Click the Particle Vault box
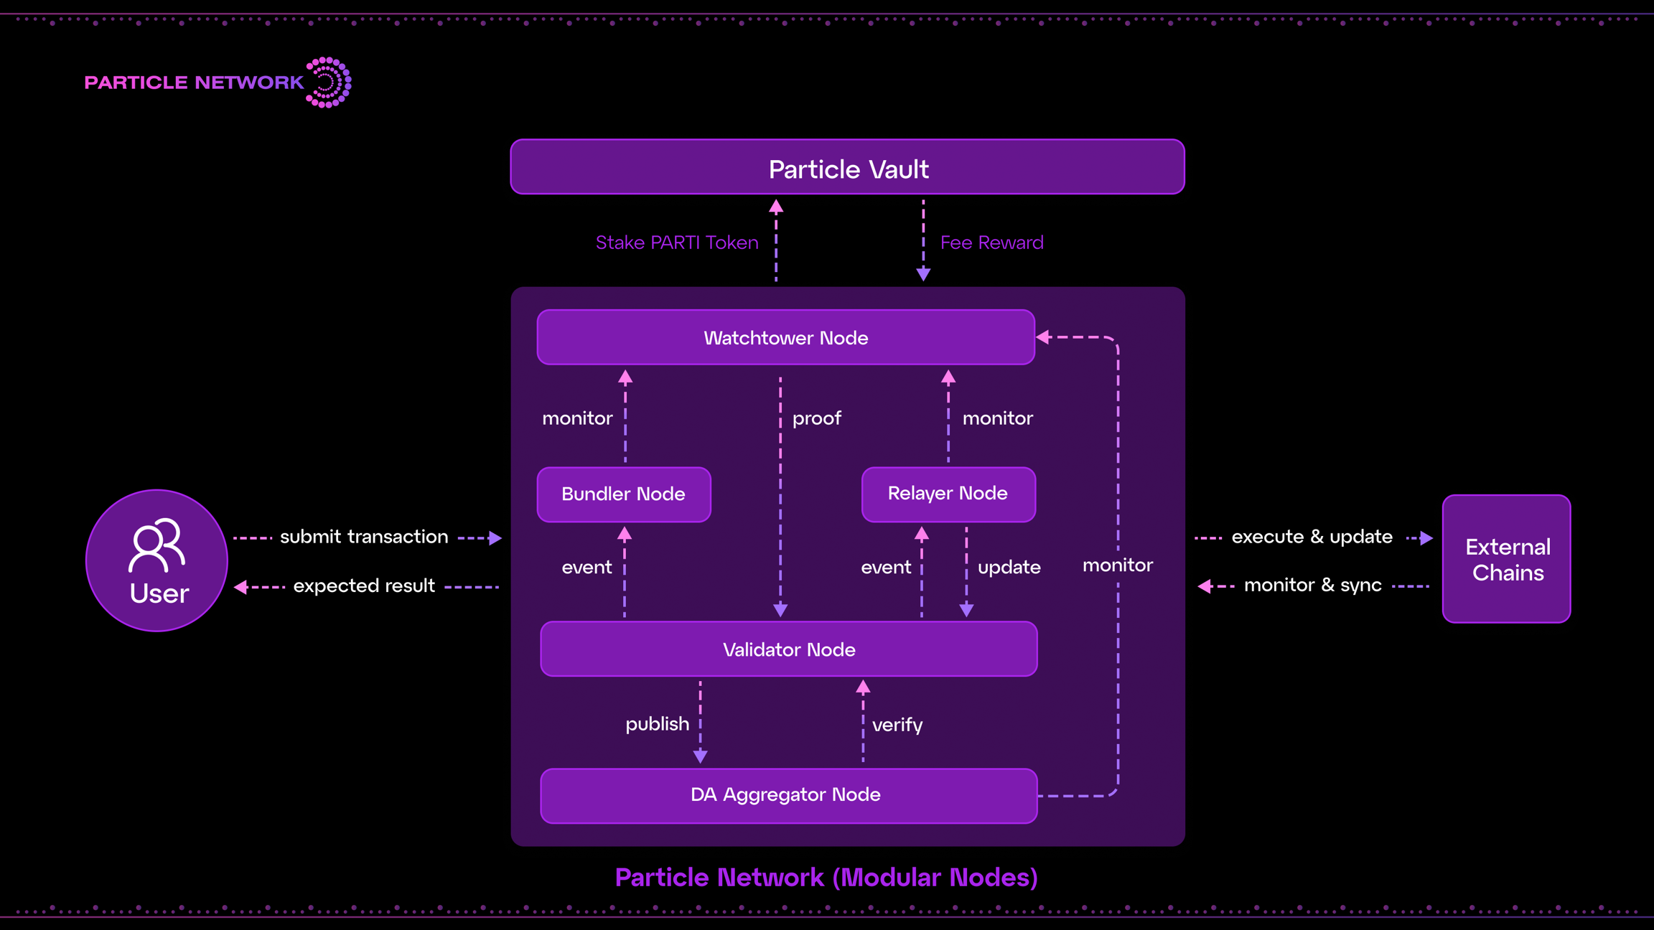click(847, 167)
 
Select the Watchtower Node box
click(785, 337)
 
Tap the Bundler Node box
click(624, 494)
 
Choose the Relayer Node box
click(948, 494)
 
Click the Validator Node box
click(788, 649)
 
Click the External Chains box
click(1506, 559)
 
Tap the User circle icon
click(156, 560)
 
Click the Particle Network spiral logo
click(329, 83)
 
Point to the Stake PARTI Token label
click(677, 243)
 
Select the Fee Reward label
click(991, 243)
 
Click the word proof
click(816, 418)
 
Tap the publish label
click(657, 724)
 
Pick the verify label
click(897, 725)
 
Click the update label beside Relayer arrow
click(1009, 568)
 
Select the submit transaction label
click(364, 537)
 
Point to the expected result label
click(364, 586)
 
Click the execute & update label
click(1312, 537)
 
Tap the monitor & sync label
click(1312, 586)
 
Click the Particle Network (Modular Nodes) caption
click(826, 878)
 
